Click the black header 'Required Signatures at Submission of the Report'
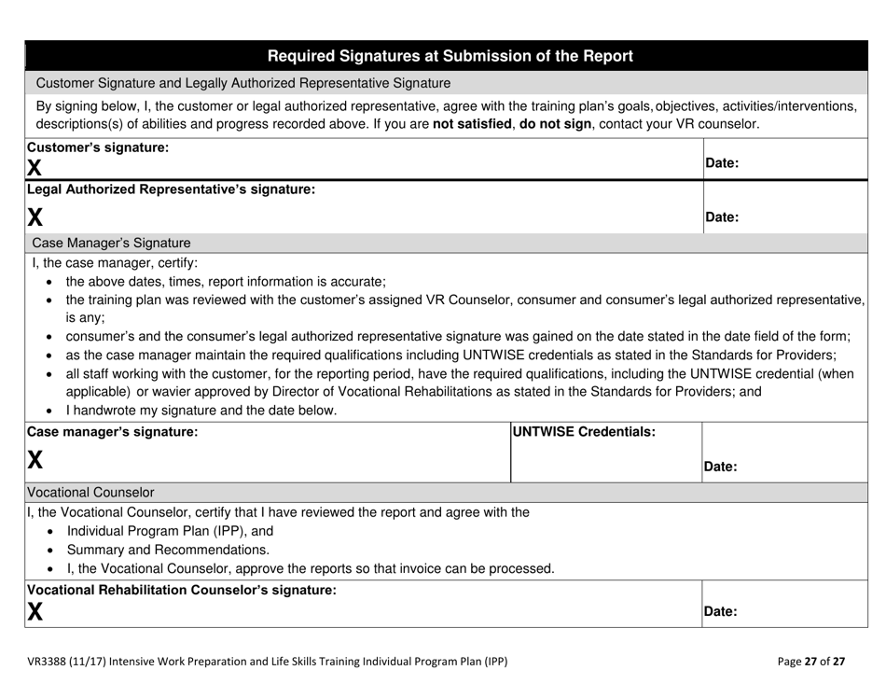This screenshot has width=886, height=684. click(450, 56)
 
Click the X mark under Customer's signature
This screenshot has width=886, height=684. click(35, 168)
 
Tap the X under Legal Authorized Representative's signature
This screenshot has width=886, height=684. click(35, 216)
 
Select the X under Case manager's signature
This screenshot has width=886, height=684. click(35, 459)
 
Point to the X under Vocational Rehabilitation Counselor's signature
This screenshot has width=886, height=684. click(35, 611)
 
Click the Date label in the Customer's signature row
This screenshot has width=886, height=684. click(722, 163)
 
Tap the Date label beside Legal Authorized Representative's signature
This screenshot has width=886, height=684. click(722, 217)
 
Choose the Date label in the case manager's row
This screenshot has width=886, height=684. click(722, 466)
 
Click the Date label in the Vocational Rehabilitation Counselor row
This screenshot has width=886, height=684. click(722, 612)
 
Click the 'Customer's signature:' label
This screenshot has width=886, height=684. click(98, 147)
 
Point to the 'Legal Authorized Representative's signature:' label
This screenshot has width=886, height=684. click(171, 189)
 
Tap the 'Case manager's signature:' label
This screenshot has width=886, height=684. click(112, 432)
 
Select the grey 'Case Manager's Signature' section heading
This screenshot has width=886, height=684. click(111, 243)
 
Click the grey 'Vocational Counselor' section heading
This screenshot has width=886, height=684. click(91, 492)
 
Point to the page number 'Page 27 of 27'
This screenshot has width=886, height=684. click(811, 662)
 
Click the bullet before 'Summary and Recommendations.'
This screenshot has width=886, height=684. click(49, 550)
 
